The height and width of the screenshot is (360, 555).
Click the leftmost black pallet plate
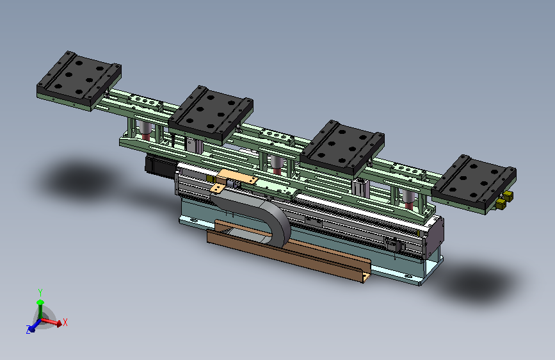[79, 81]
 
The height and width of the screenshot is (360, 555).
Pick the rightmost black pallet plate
[474, 184]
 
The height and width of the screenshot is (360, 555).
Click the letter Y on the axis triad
[40, 292]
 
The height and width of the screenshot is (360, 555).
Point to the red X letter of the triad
[65, 322]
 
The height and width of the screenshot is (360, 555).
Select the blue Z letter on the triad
[28, 329]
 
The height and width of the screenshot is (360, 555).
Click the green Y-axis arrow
[40, 309]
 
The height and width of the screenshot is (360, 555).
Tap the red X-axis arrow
[51, 322]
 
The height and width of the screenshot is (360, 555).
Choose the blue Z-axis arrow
[35, 326]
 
